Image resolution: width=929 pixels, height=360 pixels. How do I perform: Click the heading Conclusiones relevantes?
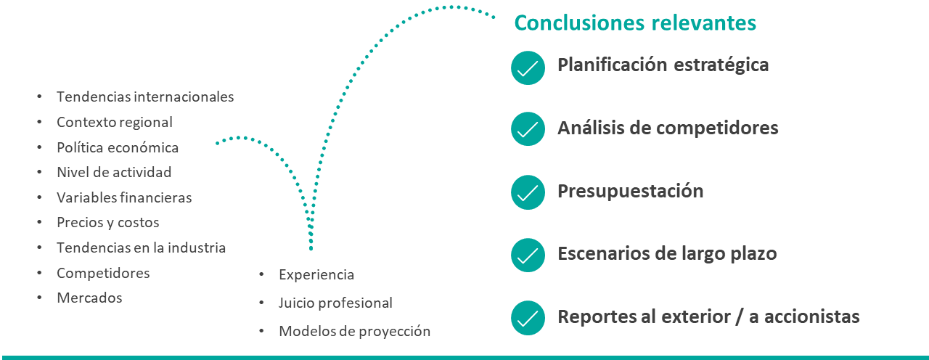tap(635, 22)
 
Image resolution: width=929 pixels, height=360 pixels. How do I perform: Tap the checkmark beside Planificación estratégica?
tap(528, 67)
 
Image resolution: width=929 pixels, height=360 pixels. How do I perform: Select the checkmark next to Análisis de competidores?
tap(528, 129)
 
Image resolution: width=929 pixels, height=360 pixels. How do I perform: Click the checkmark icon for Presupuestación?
tap(528, 192)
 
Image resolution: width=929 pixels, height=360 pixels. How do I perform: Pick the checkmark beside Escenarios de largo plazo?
tap(528, 255)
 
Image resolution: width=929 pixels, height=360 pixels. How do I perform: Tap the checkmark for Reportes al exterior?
tap(528, 318)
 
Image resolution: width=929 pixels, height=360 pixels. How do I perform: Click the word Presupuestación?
tap(630, 192)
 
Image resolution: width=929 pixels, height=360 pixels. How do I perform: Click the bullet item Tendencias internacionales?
tap(145, 97)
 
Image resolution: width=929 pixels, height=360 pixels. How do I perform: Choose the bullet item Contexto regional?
tap(115, 122)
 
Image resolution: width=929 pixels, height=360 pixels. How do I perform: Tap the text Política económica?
tap(118, 147)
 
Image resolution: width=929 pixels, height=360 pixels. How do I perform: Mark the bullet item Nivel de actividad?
tap(114, 172)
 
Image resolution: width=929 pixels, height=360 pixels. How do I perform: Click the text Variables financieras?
tap(124, 197)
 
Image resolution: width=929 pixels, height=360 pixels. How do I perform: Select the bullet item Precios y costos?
tap(107, 223)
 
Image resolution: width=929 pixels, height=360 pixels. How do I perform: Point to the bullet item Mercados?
tap(89, 298)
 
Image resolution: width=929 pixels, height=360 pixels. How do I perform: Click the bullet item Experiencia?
tap(316, 275)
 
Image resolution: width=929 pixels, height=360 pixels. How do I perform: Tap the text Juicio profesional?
tap(335, 303)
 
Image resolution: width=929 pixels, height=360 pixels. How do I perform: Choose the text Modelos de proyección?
tap(354, 332)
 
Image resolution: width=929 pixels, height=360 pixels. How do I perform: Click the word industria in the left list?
tap(197, 247)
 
